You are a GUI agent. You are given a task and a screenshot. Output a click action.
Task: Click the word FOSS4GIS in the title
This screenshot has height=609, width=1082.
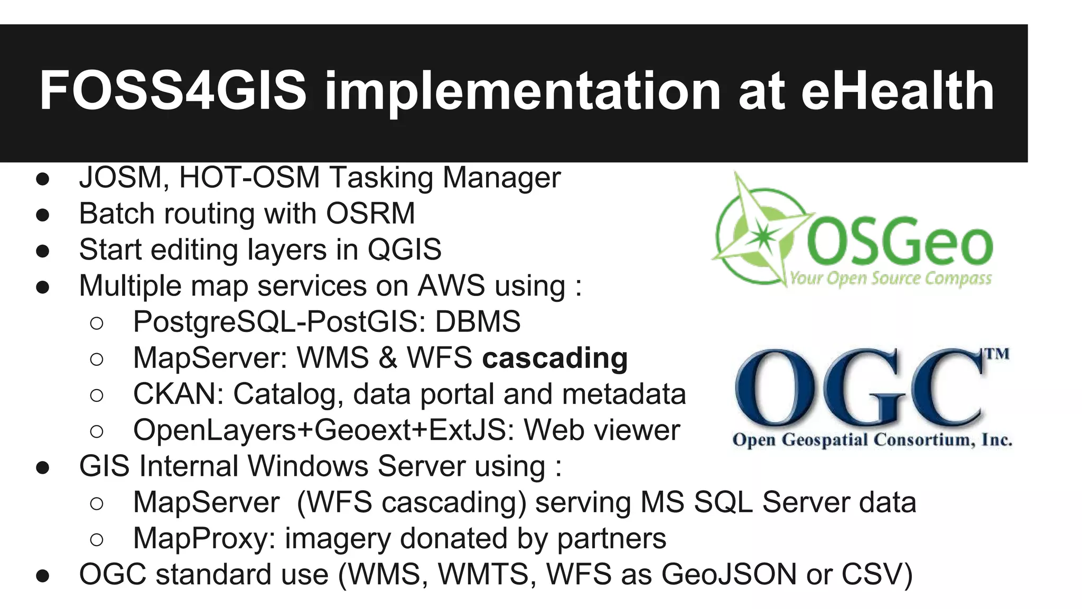coord(173,91)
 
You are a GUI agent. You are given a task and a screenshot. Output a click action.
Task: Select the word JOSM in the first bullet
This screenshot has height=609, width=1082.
coord(120,178)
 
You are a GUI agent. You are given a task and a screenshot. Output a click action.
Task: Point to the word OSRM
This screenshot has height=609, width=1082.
coord(370,214)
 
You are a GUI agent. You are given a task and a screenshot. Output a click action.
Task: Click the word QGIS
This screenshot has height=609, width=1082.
coord(404,250)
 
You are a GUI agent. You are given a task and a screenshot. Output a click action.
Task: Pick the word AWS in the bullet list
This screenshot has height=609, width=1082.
coord(451,286)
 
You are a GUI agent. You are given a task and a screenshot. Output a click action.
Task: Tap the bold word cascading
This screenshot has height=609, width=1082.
coord(555,358)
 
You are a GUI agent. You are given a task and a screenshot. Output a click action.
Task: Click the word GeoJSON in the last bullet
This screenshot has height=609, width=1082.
coord(729,575)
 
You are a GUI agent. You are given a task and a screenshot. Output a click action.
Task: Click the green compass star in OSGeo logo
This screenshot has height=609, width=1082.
coord(761,233)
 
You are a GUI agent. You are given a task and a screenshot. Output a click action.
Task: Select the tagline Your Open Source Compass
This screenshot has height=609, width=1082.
coord(891,278)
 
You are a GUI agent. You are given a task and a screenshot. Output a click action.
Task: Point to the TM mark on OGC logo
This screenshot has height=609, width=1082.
coord(997,353)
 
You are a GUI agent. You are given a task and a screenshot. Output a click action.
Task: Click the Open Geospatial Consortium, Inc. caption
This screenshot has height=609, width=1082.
coord(872,440)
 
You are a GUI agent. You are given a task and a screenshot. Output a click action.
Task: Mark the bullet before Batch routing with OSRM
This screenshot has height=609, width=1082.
coord(43,215)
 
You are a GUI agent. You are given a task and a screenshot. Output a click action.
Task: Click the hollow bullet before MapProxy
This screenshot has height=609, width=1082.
coord(97,540)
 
